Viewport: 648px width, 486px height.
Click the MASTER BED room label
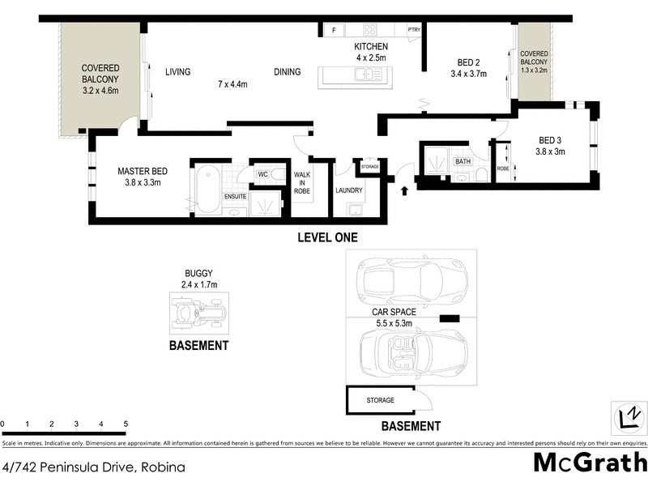(143, 171)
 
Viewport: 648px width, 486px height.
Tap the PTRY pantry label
(414, 31)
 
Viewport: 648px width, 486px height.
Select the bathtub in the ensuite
(208, 190)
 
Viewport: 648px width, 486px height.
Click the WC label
(262, 174)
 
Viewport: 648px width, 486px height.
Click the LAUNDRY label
(349, 191)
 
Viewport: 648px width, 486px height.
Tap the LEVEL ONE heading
(327, 238)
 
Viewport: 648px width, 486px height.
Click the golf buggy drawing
(199, 313)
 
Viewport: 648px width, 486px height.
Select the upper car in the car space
(411, 280)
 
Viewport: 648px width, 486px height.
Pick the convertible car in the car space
(411, 354)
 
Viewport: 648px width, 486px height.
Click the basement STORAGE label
(380, 400)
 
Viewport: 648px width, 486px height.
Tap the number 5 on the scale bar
(125, 424)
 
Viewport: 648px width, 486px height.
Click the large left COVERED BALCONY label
(100, 79)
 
